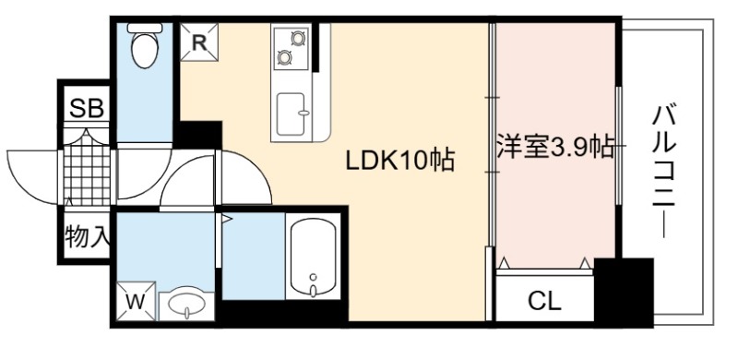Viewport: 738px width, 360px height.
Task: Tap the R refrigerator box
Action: click(199, 42)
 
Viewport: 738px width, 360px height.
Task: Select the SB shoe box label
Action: click(86, 109)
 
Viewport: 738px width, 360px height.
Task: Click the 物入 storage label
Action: click(88, 236)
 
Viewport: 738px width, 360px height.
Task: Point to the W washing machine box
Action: click(136, 301)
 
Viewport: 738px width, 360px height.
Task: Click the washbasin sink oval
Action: click(187, 306)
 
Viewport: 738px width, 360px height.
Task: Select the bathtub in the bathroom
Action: click(314, 258)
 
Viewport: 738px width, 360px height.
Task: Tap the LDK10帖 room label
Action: click(400, 162)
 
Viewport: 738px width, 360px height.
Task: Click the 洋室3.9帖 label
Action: click(556, 147)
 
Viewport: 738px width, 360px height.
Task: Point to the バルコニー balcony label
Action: click(664, 172)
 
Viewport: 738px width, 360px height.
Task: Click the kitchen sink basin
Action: click(291, 114)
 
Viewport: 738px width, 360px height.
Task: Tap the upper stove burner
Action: click(298, 38)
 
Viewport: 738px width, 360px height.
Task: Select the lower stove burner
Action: click(284, 57)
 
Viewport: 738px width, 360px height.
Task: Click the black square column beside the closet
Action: click(624, 292)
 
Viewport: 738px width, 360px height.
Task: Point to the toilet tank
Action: click(145, 28)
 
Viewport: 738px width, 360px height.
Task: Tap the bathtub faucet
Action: click(314, 287)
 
